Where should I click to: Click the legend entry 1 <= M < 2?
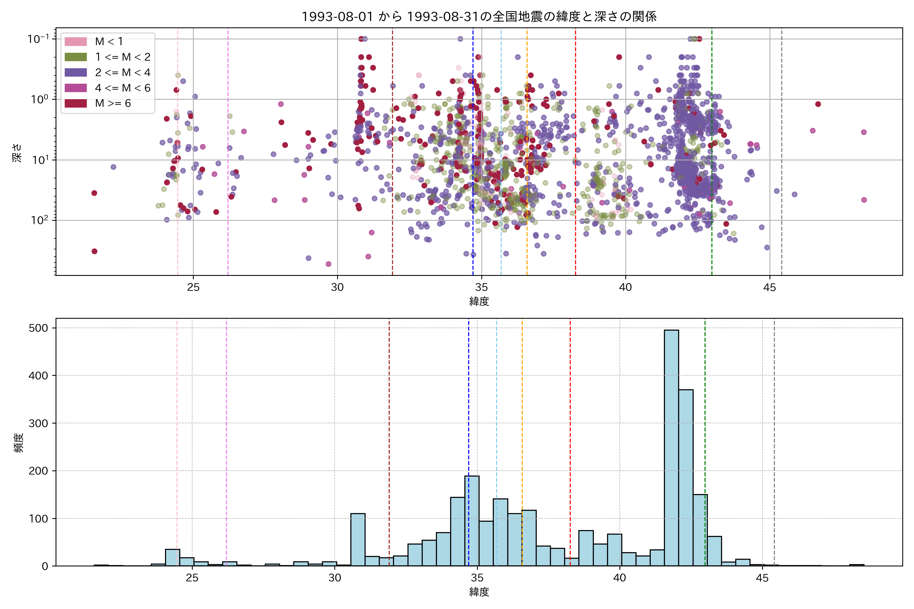pos(122,57)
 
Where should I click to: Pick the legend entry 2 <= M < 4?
pos(122,73)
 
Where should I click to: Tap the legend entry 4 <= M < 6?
pos(122,88)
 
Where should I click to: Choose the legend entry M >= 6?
pos(113,103)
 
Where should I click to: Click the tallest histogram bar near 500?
pos(671,447)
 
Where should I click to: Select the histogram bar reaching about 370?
pos(685,478)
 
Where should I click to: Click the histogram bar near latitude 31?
pos(357,540)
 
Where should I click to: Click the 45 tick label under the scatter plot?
pos(770,288)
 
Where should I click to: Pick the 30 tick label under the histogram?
pos(335,578)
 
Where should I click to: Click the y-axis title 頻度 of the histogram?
pos(19,443)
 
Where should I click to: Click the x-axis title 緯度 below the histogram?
pos(479,592)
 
